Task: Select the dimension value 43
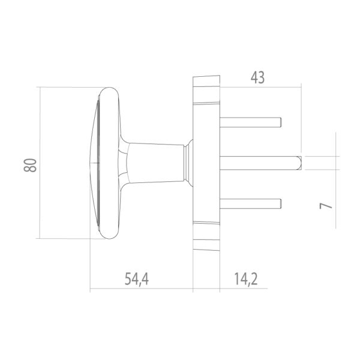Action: pos(256,78)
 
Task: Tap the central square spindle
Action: pos(258,162)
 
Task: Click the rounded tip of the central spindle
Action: pos(299,162)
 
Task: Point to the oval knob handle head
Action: pos(102,163)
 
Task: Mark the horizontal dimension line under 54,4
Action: pos(141,291)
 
